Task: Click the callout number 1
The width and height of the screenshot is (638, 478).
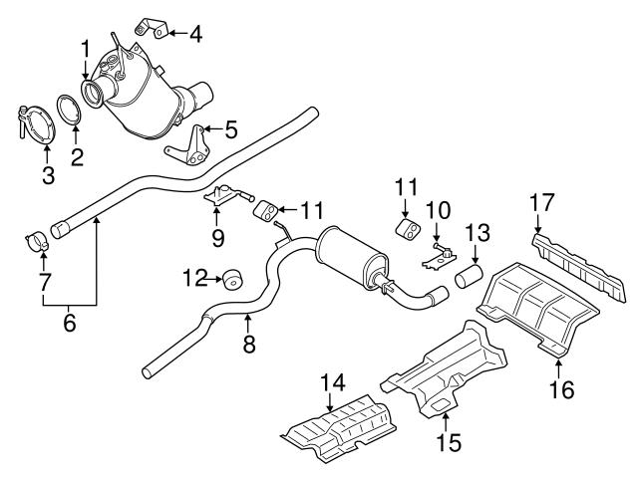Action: [x=86, y=47]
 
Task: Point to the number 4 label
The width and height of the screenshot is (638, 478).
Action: [x=196, y=34]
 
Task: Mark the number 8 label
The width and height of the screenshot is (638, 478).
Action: [x=248, y=345]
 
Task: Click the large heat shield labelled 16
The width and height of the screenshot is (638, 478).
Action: [x=538, y=309]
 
